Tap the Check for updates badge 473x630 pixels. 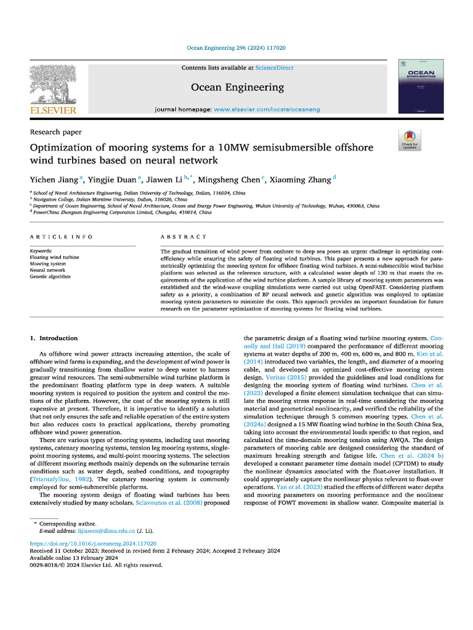click(x=408, y=141)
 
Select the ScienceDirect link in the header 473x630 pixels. click(x=274, y=68)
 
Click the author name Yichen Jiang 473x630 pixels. click(x=54, y=179)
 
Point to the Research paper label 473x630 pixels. click(x=55, y=132)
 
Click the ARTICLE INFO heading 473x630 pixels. click(x=62, y=237)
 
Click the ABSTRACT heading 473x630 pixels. click(x=184, y=237)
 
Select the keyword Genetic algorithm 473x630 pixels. click(x=50, y=276)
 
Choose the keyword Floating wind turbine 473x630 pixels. click(x=54, y=257)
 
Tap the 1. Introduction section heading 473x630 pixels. click(x=54, y=338)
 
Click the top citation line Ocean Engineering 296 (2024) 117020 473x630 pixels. click(x=236, y=48)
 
